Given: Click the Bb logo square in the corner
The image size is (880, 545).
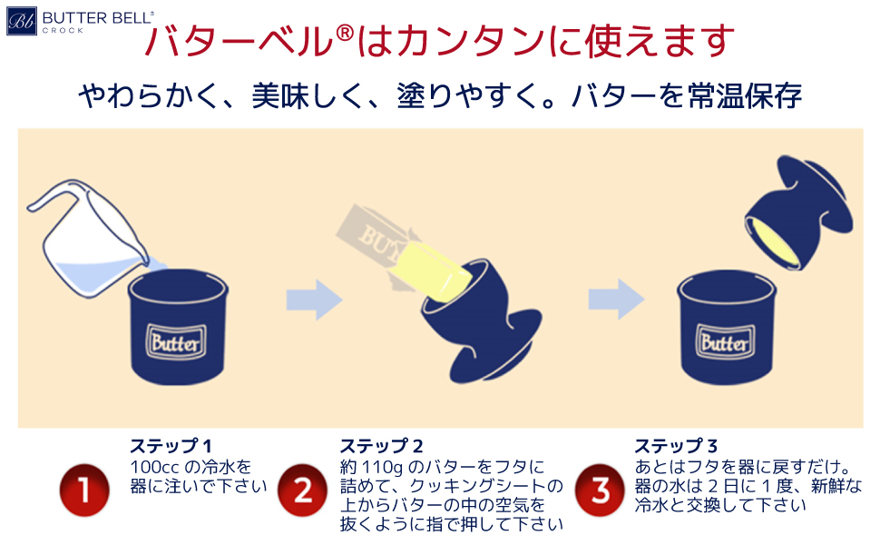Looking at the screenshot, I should point(22,21).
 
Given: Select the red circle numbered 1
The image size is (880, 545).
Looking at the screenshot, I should point(84,491).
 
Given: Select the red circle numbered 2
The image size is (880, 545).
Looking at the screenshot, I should point(303,491).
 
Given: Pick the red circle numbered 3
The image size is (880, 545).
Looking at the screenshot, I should point(600,491).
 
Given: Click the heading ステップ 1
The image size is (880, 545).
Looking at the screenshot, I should point(171,446).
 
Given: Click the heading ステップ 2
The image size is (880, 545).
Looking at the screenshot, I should point(382,446).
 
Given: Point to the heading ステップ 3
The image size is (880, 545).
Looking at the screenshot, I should point(676,446).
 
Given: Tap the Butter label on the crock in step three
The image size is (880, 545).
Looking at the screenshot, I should point(724,343).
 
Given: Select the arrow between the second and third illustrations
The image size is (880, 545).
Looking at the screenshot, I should point(615,298).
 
